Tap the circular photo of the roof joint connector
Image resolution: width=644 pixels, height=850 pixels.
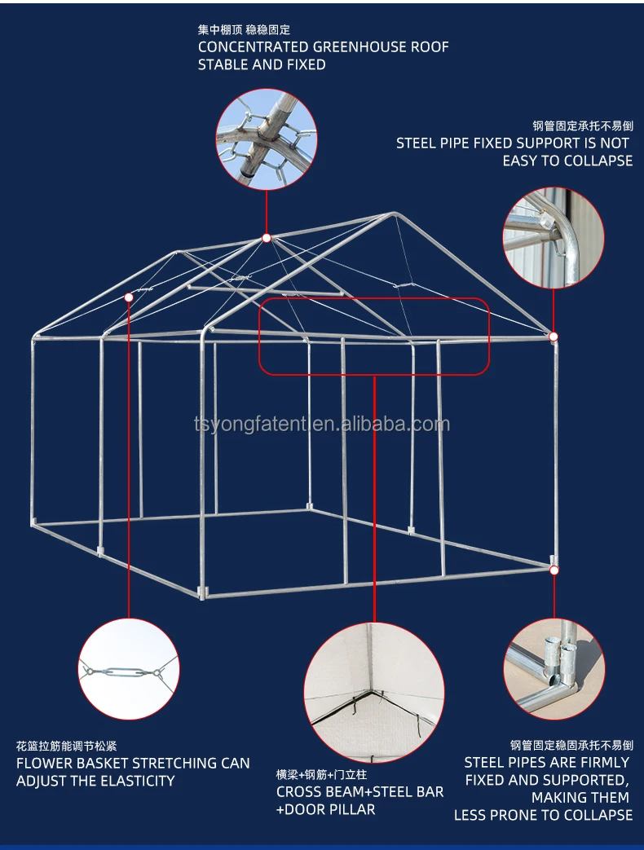click(266, 139)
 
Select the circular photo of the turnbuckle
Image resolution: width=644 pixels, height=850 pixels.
click(129, 670)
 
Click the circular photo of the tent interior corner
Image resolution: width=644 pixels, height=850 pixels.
click(374, 692)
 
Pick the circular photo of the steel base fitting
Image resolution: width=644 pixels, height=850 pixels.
click(554, 669)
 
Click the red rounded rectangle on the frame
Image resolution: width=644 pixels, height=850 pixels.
click(374, 336)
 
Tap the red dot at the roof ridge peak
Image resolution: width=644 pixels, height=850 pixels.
click(266, 238)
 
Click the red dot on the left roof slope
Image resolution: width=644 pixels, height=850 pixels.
click(129, 298)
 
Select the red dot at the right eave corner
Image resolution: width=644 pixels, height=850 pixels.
click(554, 336)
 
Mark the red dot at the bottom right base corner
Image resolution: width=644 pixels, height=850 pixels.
click(554, 570)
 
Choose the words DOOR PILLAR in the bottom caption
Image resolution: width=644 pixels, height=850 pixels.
click(330, 809)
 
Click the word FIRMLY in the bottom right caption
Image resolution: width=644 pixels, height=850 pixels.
click(602, 762)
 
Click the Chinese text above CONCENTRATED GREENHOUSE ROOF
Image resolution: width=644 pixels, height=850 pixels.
click(244, 29)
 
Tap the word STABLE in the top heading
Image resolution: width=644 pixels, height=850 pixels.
click(223, 64)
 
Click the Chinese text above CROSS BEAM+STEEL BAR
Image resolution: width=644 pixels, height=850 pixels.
click(321, 774)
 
